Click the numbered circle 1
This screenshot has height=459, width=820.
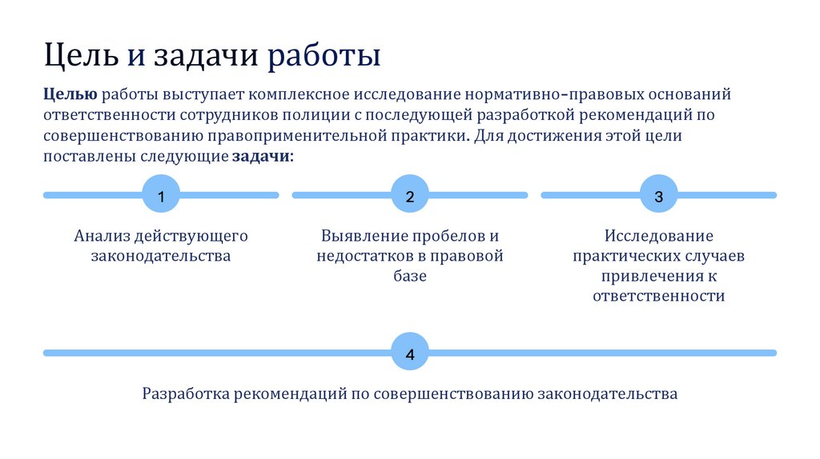[x=161, y=195]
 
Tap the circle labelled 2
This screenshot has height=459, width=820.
[x=410, y=195]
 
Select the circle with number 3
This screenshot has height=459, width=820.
[x=658, y=195]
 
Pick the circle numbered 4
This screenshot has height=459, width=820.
[x=410, y=353]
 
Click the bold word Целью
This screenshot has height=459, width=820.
[x=70, y=94]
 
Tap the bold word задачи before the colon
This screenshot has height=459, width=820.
[x=260, y=156]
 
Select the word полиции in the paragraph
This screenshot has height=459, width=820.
[x=308, y=115]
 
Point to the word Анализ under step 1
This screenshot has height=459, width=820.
[x=102, y=237]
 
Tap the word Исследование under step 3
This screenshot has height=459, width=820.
[x=659, y=237]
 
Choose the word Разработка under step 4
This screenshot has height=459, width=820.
[x=187, y=394]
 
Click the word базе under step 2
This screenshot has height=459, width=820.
[x=410, y=276]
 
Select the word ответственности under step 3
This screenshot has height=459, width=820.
[x=659, y=296]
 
